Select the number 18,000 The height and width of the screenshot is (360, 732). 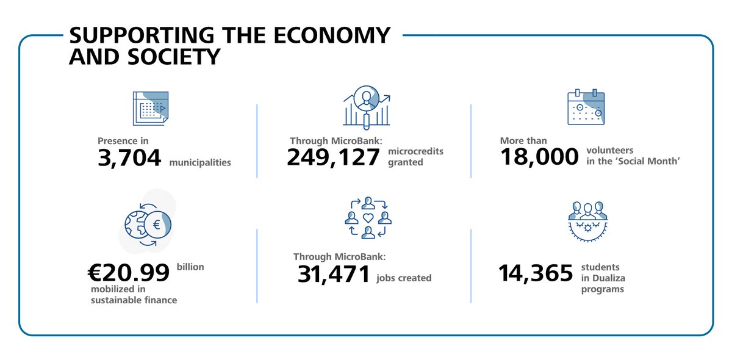point(539,157)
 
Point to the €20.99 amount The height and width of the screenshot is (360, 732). point(129,272)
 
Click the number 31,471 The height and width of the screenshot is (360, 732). point(334,274)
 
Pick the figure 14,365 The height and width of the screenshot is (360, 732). point(536,273)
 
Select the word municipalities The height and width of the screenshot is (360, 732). point(200,163)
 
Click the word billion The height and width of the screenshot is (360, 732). point(190,267)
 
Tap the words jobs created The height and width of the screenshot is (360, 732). point(404,278)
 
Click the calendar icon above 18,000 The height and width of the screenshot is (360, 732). point(586,107)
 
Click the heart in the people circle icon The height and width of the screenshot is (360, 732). point(368,218)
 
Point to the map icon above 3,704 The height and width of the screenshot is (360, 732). point(150,108)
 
